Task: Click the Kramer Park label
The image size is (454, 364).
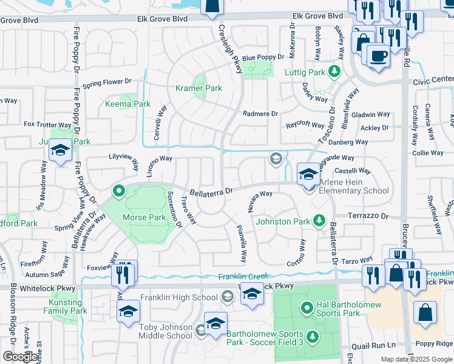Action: point(198,89)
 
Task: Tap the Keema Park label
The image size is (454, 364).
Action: point(129,104)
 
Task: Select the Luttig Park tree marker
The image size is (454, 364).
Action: point(333,72)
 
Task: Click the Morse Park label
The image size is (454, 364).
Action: point(144,217)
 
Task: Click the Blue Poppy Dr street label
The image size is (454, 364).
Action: point(263,57)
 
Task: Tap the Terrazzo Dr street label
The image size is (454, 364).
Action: point(368,216)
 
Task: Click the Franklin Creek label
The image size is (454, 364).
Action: point(243,277)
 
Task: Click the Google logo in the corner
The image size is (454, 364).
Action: point(20,357)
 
